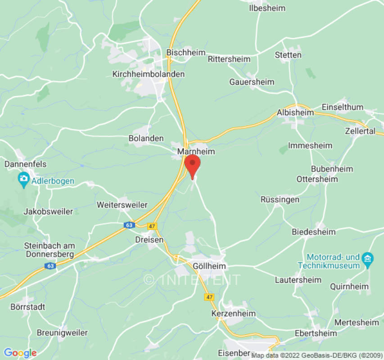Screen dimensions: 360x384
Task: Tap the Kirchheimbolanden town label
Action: pyautogui.click(x=149, y=74)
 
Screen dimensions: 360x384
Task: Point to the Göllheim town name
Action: pyautogui.click(x=208, y=266)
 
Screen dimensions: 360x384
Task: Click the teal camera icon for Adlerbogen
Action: pyautogui.click(x=23, y=180)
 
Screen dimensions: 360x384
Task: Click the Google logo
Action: pyautogui.click(x=20, y=353)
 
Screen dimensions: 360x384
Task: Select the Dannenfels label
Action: pyautogui.click(x=26, y=164)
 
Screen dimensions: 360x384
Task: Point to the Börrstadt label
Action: pyautogui.click(x=28, y=307)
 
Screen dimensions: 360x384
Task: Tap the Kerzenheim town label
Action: pyautogui.click(x=234, y=313)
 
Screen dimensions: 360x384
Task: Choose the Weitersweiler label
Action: pyautogui.click(x=122, y=205)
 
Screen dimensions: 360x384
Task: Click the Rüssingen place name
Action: pyautogui.click(x=280, y=199)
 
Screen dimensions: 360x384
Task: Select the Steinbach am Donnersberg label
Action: pyautogui.click(x=50, y=250)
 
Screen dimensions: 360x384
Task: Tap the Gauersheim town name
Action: pyautogui.click(x=252, y=82)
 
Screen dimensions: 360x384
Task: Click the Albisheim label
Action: pyautogui.click(x=295, y=112)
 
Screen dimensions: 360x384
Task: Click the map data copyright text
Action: pyautogui.click(x=317, y=355)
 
